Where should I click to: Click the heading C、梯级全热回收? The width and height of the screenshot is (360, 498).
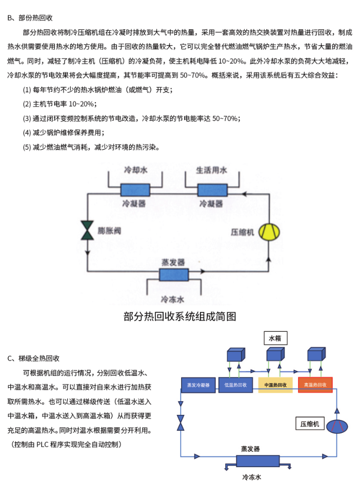pyautogui.click(x=34, y=357)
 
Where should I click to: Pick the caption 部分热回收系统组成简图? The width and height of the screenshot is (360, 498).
pyautogui.click(x=180, y=316)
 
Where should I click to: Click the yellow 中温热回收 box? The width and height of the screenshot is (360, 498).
pyautogui.click(x=275, y=385)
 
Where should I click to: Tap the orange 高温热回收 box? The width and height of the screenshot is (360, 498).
pyautogui.click(x=315, y=385)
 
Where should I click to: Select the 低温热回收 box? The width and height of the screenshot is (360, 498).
pyautogui.click(x=235, y=385)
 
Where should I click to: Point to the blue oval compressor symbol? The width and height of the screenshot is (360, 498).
pyautogui.click(x=337, y=427)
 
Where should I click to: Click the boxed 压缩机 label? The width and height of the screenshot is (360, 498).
pyautogui.click(x=310, y=424)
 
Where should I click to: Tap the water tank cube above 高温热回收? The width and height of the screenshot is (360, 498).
pyautogui.click(x=315, y=355)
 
